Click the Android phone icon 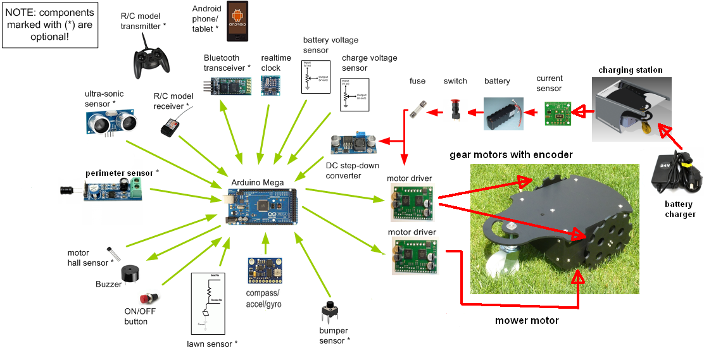[x=238, y=21]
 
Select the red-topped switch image [x=454, y=108]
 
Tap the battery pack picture [x=503, y=114]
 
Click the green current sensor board [x=557, y=113]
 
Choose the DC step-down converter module [x=353, y=144]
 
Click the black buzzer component [x=129, y=273]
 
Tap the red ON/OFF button [x=148, y=297]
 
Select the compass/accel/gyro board [x=265, y=270]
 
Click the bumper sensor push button [x=330, y=311]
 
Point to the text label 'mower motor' [x=527, y=321]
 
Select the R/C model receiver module [x=169, y=128]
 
